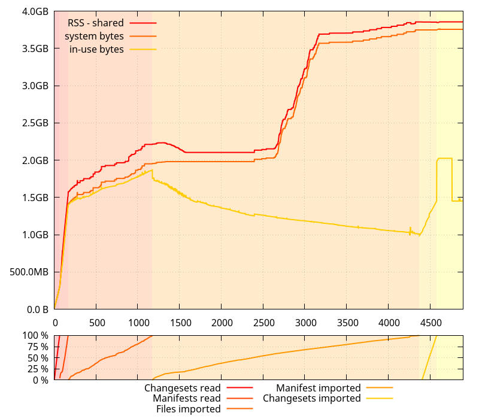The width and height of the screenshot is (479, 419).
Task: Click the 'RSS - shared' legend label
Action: (x=95, y=23)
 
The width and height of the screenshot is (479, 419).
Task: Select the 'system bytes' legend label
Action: (x=94, y=36)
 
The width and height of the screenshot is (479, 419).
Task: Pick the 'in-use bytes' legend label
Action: (x=96, y=49)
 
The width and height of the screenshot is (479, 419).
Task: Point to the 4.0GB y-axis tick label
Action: (x=35, y=11)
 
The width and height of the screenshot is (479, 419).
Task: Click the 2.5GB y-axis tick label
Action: (x=35, y=123)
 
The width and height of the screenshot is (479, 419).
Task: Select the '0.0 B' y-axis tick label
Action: (x=37, y=309)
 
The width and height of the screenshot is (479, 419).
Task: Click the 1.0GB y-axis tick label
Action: (x=35, y=235)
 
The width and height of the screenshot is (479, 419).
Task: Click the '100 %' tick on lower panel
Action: (x=36, y=335)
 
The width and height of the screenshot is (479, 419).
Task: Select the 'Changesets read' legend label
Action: (x=182, y=388)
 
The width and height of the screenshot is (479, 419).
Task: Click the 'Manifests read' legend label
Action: (x=186, y=398)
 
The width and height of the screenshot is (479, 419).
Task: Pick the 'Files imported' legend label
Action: (x=188, y=409)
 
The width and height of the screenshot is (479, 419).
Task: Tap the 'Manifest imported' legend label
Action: (x=318, y=388)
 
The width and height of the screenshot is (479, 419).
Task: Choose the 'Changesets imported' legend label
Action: (x=311, y=398)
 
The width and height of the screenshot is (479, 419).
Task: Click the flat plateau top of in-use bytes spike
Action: (x=444, y=158)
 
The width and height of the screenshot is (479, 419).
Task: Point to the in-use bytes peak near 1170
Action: (x=151, y=170)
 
